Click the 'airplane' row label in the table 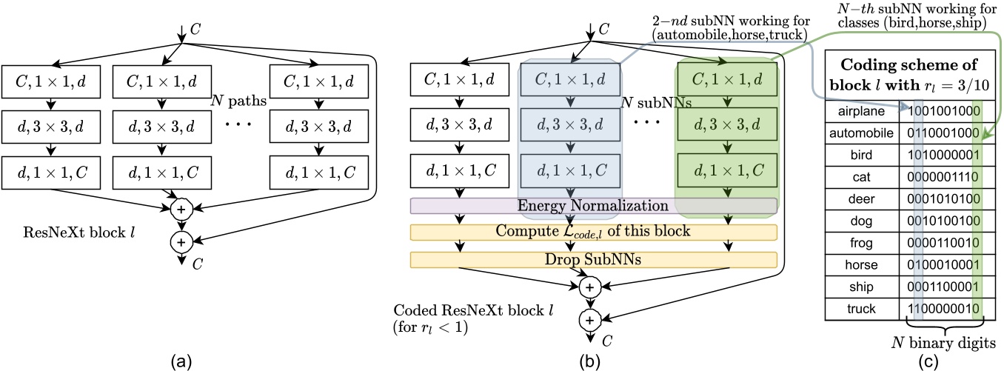coord(862,110)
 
